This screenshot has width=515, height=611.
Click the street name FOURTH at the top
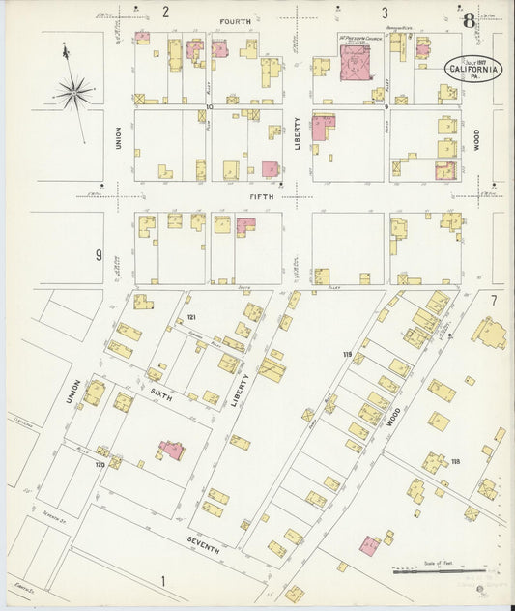pos(236,20)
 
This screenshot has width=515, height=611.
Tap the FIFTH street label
pos(261,196)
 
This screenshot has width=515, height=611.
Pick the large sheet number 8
pos(469,20)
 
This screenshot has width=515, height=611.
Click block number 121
pos(191,318)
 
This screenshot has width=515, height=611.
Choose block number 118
pos(453,462)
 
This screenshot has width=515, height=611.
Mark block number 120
pos(100,465)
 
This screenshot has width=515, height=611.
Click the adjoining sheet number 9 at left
pos(99,255)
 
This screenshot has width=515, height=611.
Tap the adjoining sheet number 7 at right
pos(493,301)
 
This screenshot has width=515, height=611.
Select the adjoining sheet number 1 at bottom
pos(163,580)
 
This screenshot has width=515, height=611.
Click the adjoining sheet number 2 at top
pos(165,13)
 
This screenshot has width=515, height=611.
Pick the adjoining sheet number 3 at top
pos(384,13)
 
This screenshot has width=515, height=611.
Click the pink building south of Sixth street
pos(172,451)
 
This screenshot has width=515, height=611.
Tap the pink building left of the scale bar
pos(370,545)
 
